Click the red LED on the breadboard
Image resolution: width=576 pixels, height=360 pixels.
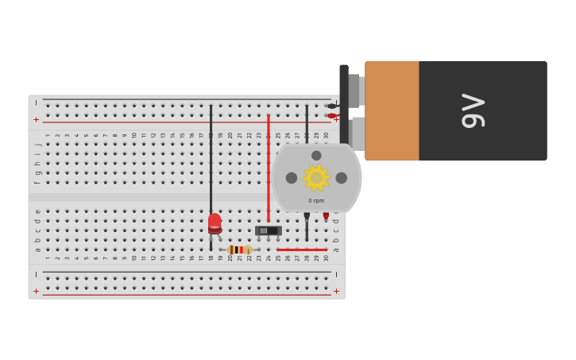pos(215,223)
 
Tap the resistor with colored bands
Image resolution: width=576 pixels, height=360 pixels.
pos(239,250)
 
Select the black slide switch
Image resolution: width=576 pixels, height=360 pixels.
pos(269,230)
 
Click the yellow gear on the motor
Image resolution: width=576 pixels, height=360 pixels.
pos(316,178)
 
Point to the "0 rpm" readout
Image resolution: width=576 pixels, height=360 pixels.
pos(316,201)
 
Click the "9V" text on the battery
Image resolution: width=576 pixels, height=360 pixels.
pos(474,110)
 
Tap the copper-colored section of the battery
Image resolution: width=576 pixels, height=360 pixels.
pos(392,110)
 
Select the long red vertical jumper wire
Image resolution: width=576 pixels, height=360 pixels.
pos(269,167)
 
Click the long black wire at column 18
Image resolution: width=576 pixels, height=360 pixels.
pos(211,159)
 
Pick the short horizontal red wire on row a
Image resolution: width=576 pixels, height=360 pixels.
pos(302,250)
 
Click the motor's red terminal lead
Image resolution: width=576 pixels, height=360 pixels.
pos(326,216)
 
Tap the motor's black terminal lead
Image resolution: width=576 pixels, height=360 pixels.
pos(307,216)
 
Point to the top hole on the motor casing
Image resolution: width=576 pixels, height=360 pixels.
pos(316,156)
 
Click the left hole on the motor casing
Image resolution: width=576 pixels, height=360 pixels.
pos(292,178)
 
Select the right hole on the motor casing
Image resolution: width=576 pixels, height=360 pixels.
pos(342,178)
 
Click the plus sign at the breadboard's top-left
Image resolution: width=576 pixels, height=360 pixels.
pos(36,119)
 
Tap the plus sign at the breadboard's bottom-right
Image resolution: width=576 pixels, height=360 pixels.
pos(336,292)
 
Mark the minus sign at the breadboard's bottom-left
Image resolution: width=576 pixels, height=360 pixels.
pos(36,274)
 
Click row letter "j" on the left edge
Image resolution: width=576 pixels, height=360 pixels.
pos(37,145)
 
